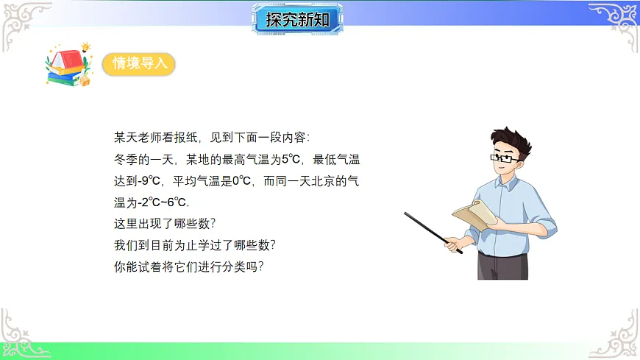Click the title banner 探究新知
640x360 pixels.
coord(299,19)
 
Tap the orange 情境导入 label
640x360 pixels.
coord(140,64)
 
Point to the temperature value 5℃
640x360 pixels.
coord(292,159)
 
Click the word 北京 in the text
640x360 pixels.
coord(321,180)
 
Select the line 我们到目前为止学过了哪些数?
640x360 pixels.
coord(195,244)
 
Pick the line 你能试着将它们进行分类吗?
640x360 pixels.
coord(188,266)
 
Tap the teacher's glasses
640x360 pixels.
coord(505,157)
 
